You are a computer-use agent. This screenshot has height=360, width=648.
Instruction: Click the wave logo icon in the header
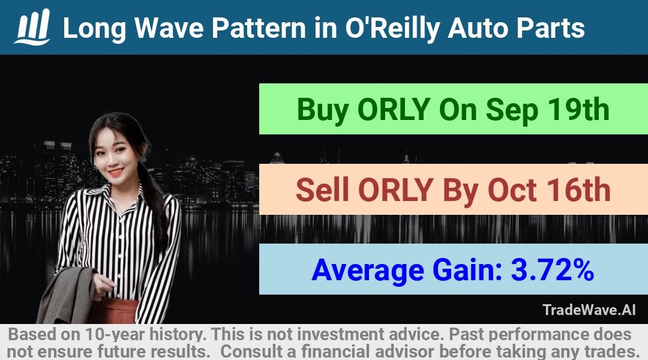pos(32,26)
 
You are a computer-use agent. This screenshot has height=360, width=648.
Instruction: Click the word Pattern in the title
pos(259,28)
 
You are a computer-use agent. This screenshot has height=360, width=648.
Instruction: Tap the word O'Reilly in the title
pos(392,29)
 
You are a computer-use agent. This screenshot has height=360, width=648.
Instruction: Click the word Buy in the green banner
pos(322,110)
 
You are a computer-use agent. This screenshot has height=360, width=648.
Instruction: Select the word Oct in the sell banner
pos(512,190)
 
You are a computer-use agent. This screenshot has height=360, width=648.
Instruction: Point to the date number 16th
pos(579,190)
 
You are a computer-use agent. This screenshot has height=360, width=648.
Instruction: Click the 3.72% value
pos(552,270)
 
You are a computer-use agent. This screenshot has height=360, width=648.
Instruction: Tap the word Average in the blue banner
pos(368,271)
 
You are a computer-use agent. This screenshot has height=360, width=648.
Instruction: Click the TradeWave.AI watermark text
pos(589,310)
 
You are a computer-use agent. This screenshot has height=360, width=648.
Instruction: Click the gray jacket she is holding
pos(68,294)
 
